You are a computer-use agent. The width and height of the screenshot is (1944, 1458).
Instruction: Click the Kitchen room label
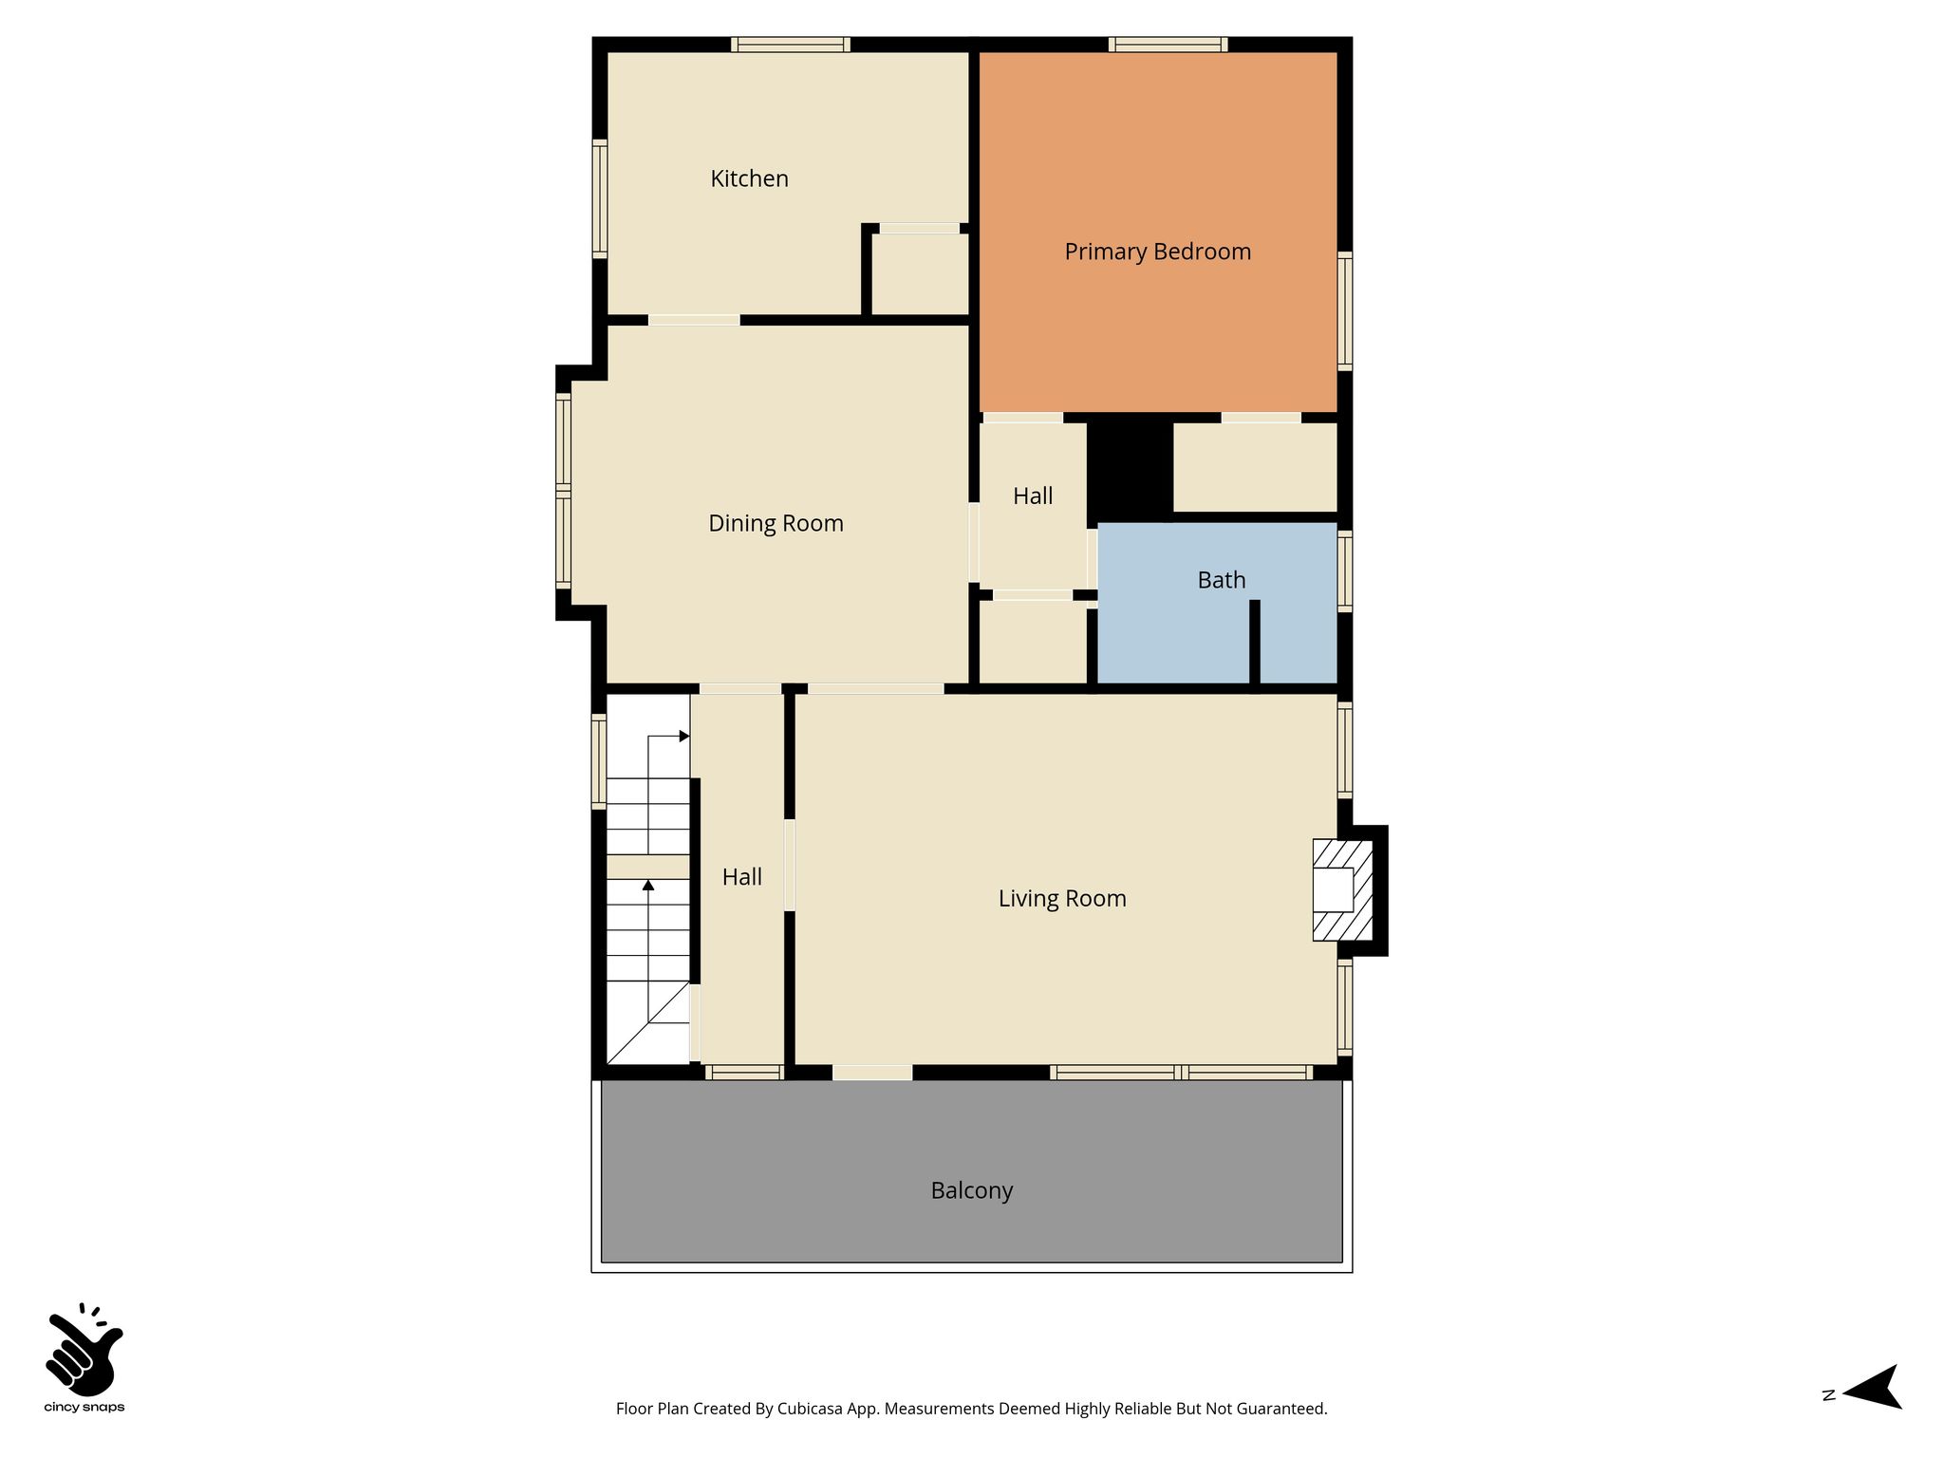pyautogui.click(x=749, y=178)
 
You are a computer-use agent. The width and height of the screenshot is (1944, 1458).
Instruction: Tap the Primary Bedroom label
pyautogui.click(x=1157, y=252)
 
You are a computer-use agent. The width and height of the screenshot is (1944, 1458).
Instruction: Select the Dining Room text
pyautogui.click(x=776, y=523)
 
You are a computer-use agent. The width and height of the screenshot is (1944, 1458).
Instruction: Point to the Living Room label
pyautogui.click(x=1062, y=898)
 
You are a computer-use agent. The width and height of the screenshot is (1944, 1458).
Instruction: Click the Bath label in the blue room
pyautogui.click(x=1221, y=580)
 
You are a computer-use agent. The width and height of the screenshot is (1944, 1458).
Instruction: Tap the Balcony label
pyautogui.click(x=972, y=1190)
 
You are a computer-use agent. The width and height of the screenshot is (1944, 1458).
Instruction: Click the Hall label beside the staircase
pyautogui.click(x=741, y=877)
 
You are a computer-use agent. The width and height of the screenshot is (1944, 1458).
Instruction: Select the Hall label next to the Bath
pyautogui.click(x=1032, y=495)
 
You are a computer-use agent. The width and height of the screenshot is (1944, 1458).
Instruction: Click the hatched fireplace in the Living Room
pyautogui.click(x=1342, y=890)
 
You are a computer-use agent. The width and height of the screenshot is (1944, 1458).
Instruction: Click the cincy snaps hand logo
pyautogui.click(x=84, y=1349)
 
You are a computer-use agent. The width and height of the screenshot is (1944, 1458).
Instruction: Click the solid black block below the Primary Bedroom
pyautogui.click(x=1130, y=468)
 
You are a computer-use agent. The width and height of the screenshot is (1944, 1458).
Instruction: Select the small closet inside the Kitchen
pyautogui.click(x=919, y=273)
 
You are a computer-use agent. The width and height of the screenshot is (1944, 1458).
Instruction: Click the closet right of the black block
pyautogui.click(x=1255, y=467)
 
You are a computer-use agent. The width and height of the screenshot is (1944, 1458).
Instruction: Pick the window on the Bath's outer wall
pyautogui.click(x=1345, y=570)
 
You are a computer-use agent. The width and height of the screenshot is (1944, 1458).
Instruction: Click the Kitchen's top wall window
pyautogui.click(x=791, y=45)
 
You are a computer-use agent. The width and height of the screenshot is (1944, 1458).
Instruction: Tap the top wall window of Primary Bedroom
pyautogui.click(x=1168, y=45)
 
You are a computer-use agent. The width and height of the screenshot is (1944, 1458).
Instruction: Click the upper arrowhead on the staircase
pyautogui.click(x=684, y=737)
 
